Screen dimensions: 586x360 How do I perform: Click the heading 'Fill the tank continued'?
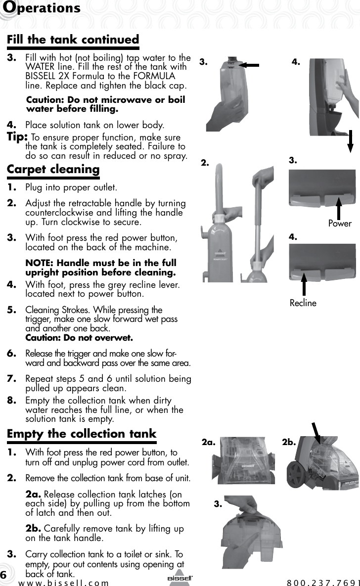[x=73, y=40]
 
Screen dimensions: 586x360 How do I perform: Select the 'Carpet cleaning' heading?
[x=53, y=169]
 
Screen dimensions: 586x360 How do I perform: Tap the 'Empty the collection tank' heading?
[x=81, y=434]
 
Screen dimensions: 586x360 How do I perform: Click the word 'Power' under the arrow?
[x=340, y=224]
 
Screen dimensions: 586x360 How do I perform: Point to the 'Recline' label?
[x=303, y=303]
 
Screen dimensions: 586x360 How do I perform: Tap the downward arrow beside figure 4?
[x=351, y=141]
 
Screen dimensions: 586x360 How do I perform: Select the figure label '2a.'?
[x=210, y=443]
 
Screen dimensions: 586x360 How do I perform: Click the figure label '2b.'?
[x=289, y=443]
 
